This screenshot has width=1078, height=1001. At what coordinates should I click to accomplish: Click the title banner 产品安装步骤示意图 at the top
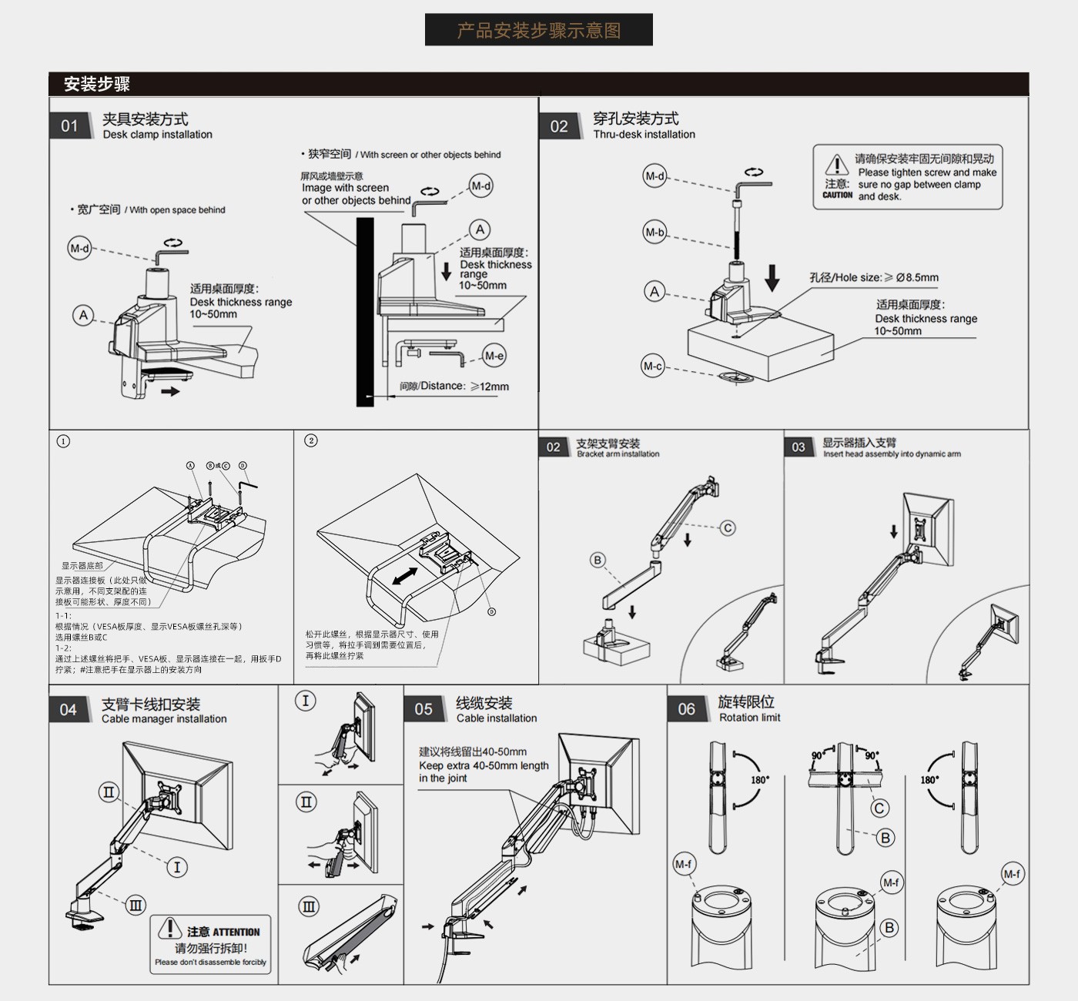(538, 30)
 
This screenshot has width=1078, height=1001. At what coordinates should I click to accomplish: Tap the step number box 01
(69, 126)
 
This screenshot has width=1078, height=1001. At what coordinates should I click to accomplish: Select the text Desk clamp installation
(157, 135)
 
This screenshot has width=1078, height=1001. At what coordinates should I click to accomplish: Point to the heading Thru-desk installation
(644, 135)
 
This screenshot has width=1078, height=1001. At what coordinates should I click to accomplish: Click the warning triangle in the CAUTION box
(837, 165)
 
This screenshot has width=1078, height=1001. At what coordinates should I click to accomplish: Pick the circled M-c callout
(653, 367)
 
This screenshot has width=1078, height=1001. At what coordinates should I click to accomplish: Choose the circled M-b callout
(654, 232)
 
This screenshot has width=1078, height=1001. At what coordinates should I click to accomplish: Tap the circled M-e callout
(494, 356)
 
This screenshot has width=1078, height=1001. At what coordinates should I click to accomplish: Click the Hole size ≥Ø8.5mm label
(874, 277)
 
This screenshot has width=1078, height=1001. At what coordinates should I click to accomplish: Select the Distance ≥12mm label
(454, 387)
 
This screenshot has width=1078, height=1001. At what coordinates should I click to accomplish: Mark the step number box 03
(798, 447)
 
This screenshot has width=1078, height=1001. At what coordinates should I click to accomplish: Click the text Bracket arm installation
(618, 454)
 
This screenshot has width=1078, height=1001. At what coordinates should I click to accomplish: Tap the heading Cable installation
(497, 718)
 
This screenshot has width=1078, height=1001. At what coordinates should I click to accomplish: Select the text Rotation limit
(749, 718)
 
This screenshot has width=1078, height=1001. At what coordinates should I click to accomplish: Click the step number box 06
(686, 709)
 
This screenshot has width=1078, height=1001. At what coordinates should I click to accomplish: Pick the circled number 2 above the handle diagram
(311, 440)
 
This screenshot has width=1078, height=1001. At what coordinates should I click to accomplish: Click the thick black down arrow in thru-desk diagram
(772, 278)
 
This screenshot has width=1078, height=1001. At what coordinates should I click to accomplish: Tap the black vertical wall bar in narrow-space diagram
(365, 312)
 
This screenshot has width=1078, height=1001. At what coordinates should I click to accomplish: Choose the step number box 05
(423, 709)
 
